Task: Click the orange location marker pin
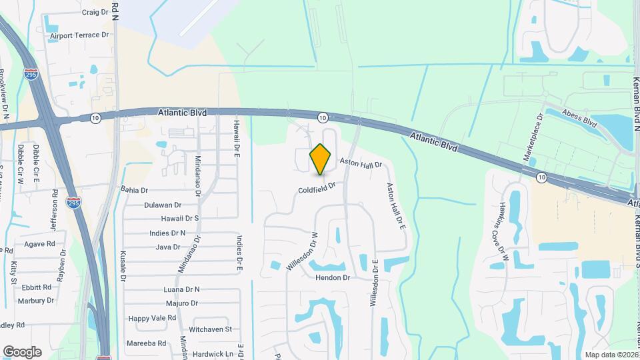coord(321,159)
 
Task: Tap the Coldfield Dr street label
coord(316,190)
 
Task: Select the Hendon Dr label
coord(333,277)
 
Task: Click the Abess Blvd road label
coord(579,119)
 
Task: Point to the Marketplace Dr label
coord(533,137)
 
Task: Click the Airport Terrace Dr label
coord(79,34)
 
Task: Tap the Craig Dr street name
coord(95,12)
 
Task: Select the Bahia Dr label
coord(134,190)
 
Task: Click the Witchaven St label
coord(210,329)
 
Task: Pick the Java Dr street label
coord(168,247)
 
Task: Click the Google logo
coord(22,351)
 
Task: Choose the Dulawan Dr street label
coord(163,205)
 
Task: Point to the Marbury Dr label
coord(35,300)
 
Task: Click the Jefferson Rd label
coord(55,207)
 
